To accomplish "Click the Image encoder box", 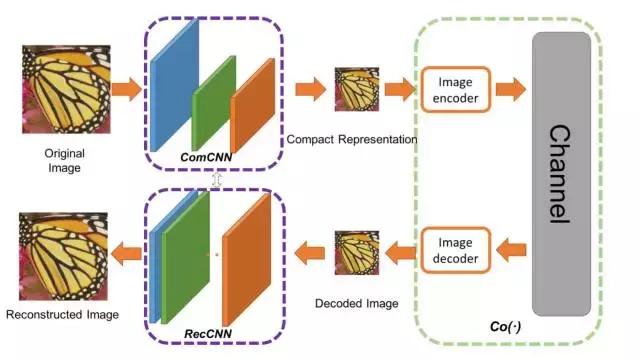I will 456,89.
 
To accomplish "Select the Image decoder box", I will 456,251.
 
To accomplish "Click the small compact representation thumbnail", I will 357,89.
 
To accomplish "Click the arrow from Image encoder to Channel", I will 510,89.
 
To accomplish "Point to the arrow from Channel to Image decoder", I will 510,251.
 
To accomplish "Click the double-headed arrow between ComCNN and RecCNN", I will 215,179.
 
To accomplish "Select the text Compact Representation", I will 351,139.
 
